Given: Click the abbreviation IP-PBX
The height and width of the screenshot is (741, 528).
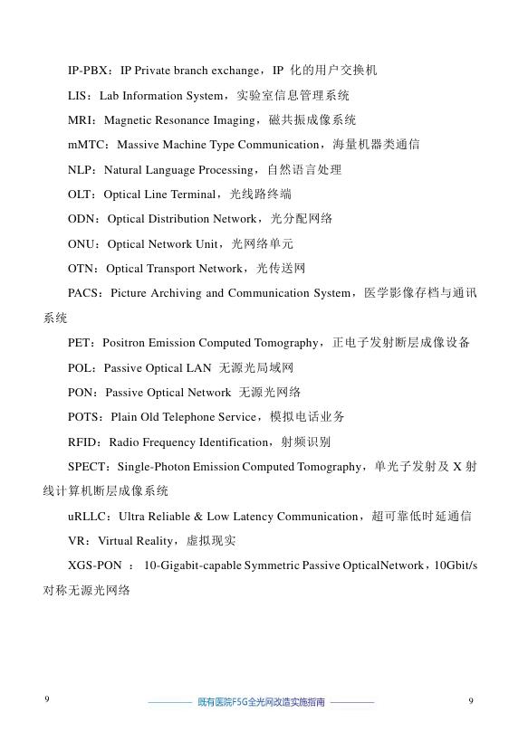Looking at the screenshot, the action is pyautogui.click(x=89, y=71).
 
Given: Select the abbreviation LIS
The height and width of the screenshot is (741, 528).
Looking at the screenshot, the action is pyautogui.click(x=78, y=95).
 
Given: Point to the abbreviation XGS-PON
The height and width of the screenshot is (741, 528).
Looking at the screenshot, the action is pyautogui.click(x=94, y=565).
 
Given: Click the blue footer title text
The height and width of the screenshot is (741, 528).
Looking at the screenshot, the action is pyautogui.click(x=261, y=702).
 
